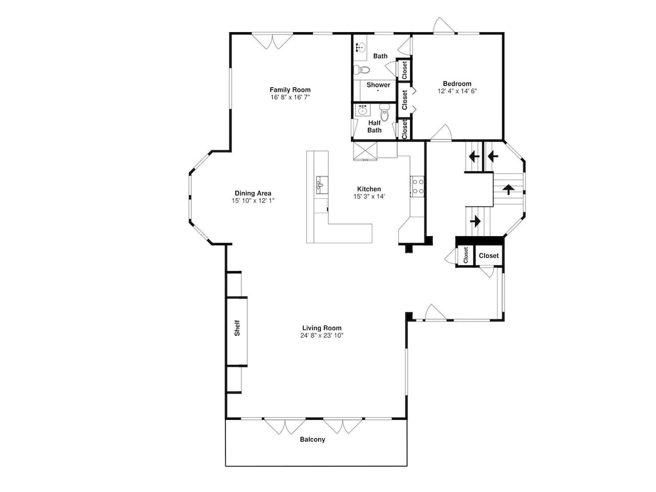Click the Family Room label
(x=290, y=89)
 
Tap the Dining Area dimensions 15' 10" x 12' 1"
(x=253, y=201)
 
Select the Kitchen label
(x=369, y=189)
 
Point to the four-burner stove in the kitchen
(x=417, y=186)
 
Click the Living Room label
(x=321, y=328)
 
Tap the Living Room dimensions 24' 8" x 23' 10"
(x=321, y=335)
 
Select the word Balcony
(x=312, y=440)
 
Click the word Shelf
(x=237, y=328)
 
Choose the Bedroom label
(x=457, y=84)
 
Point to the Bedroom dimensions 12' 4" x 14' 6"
(x=457, y=91)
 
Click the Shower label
(x=379, y=85)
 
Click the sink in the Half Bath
(x=362, y=110)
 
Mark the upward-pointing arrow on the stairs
(x=508, y=190)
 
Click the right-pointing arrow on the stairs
(x=475, y=220)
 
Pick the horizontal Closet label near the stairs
(x=489, y=256)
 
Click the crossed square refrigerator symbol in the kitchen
(x=365, y=151)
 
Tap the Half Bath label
(x=375, y=127)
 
